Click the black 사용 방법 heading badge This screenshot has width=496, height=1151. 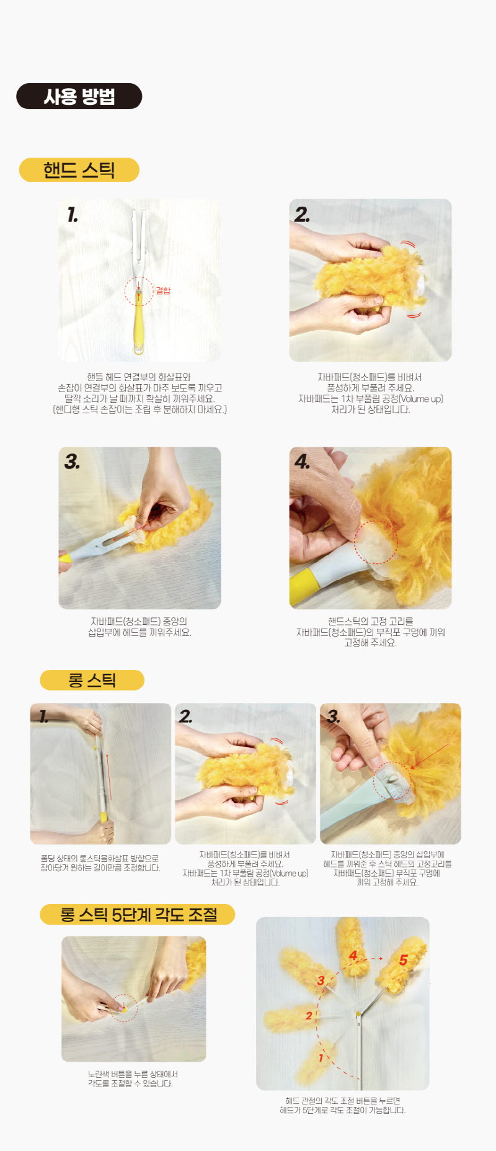tap(79, 96)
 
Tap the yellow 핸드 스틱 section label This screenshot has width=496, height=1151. tap(79, 170)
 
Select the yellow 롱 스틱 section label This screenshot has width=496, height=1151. tap(92, 680)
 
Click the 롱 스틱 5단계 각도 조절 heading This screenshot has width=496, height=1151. tap(138, 915)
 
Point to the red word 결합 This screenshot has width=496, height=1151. tap(163, 290)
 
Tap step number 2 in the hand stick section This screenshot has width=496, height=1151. tap(302, 215)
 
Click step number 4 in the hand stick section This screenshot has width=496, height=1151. tap(302, 462)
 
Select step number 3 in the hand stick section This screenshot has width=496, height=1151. tap(72, 462)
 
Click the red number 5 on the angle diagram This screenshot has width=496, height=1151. tap(404, 960)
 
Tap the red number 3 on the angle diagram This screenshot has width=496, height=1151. tap(321, 980)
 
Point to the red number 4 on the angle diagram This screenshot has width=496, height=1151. tap(353, 956)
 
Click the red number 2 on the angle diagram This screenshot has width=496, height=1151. tap(309, 1016)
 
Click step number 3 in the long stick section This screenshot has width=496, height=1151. tap(334, 717)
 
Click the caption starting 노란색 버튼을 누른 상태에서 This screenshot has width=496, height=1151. tap(133, 1078)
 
